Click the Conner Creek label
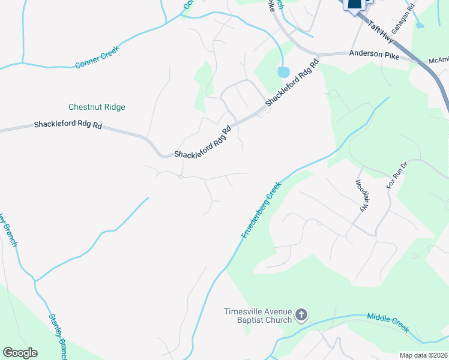pos(98,56)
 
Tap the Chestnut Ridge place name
pos(97,107)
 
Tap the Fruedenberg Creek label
pos(262,210)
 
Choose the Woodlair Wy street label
pos(361,196)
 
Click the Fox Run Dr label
pos(397,175)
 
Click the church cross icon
pos(302,315)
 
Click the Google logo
pos(20,353)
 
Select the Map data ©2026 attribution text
pos(423,355)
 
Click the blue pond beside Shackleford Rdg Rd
pos(283,72)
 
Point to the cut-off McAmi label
pos(438,60)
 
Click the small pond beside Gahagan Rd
pos(419,25)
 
